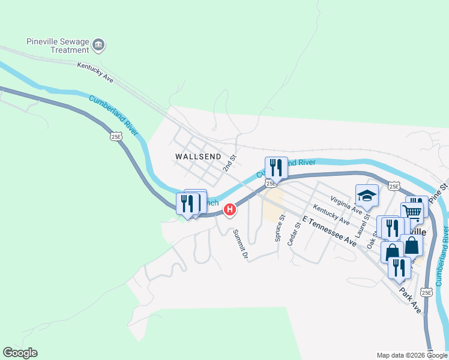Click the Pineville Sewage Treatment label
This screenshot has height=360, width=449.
pyautogui.click(x=57, y=46)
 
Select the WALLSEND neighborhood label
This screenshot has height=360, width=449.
pyautogui.click(x=195, y=156)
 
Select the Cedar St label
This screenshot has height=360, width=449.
pyautogui.click(x=294, y=234)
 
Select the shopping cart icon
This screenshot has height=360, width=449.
pyautogui.click(x=412, y=212)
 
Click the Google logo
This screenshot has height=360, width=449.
pyautogui.click(x=20, y=353)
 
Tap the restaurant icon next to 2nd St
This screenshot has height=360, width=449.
pyautogui.click(x=276, y=167)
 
